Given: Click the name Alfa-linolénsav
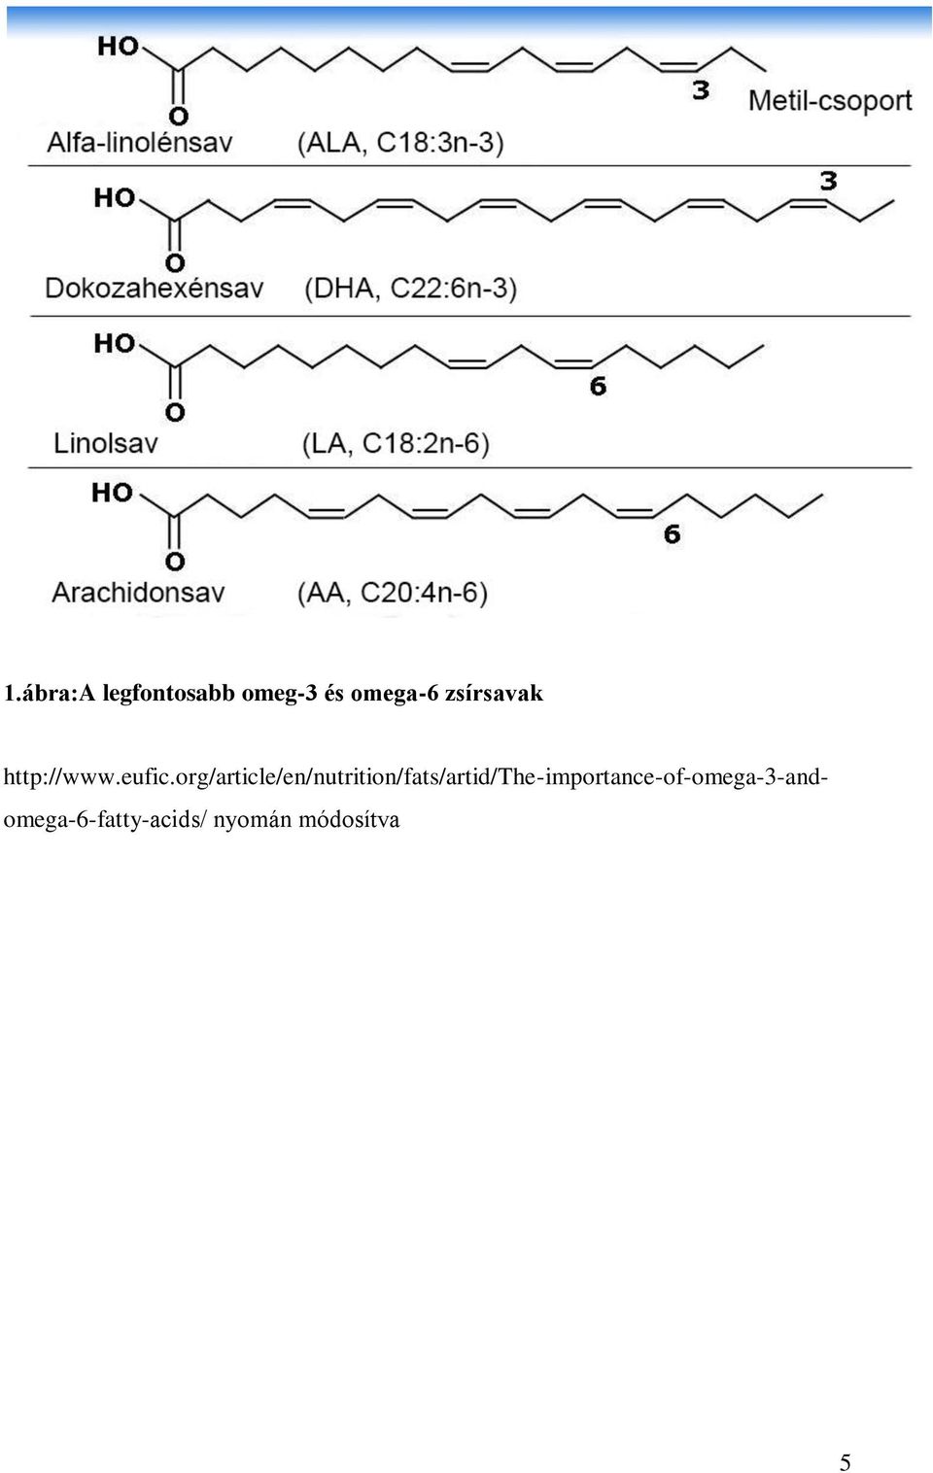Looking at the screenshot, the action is click(140, 142).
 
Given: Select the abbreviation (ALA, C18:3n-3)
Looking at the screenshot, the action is click(400, 143).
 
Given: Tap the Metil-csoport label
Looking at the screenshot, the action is click(830, 101).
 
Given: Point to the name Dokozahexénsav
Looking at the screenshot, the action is click(155, 288).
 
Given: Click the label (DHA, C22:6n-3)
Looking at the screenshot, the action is click(410, 289).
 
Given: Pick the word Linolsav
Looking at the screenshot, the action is click(106, 443).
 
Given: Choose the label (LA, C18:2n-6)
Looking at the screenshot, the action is click(396, 444).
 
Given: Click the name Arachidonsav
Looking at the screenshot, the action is click(138, 593).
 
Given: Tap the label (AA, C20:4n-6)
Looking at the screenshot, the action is click(392, 593).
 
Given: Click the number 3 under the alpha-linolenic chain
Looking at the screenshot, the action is click(701, 90).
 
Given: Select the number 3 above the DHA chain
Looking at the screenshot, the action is click(828, 181).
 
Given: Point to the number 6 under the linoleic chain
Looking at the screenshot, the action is click(598, 386).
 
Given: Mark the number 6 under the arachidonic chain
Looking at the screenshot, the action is click(672, 534).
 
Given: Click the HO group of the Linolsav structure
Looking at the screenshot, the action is click(115, 343).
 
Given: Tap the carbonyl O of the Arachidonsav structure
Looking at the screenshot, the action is click(175, 563).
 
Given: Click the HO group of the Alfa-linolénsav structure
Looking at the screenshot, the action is click(119, 46).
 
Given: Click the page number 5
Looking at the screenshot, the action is click(846, 1461).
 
